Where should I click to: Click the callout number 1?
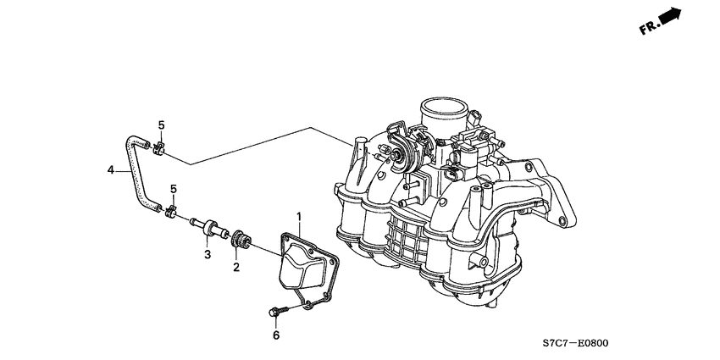299,216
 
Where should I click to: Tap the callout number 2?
236,267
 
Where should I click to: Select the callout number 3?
208,254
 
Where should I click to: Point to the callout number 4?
111,170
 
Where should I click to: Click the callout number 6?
276,335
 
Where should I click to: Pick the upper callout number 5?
161,125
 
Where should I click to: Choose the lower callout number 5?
173,189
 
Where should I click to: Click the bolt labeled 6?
279,312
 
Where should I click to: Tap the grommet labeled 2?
241,241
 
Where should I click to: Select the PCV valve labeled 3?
209,228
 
